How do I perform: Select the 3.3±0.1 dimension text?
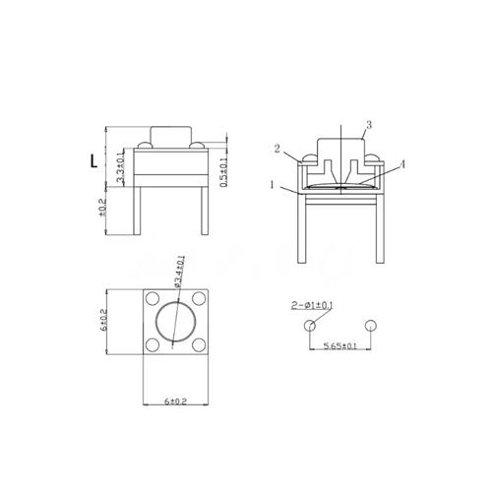120,169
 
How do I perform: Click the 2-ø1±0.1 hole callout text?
312,306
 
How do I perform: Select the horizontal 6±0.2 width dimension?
176,401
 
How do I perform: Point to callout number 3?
367,124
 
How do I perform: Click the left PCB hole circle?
311,326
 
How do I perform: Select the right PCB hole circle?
370,326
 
